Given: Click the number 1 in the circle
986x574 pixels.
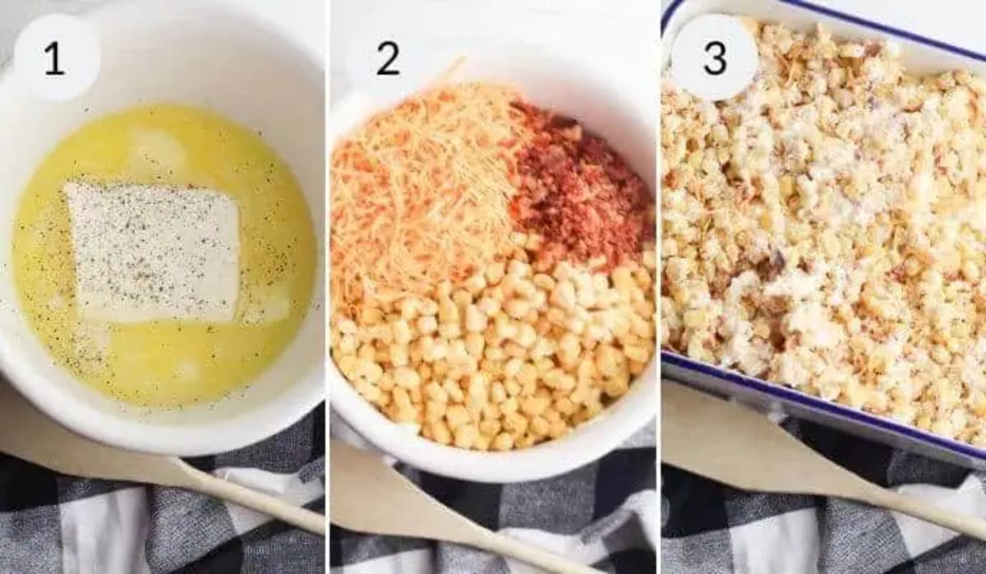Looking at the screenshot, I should point(54,59).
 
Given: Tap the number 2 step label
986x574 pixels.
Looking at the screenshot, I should point(388,59).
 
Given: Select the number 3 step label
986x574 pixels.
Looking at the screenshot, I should point(715,59).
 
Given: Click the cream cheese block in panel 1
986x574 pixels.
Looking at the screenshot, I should point(153,251).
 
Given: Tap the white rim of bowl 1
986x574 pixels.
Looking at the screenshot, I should point(164,436).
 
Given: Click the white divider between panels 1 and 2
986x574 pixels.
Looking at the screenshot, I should point(327,288).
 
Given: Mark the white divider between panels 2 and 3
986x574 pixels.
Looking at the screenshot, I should point(658,288).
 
